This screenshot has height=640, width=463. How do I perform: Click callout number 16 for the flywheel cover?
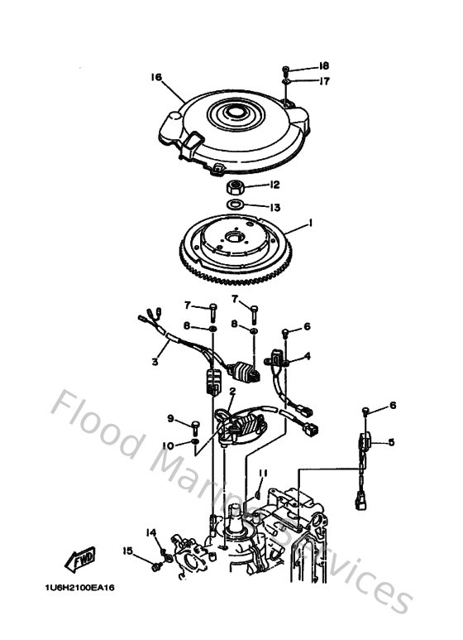click(x=155, y=78)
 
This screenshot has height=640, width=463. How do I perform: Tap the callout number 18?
click(x=324, y=65)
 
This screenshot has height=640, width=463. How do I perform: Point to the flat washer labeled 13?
click(x=235, y=205)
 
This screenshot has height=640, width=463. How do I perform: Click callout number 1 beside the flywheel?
click(x=310, y=223)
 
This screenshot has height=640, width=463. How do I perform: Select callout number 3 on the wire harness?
click(x=154, y=362)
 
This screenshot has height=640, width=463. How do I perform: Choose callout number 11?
click(x=262, y=473)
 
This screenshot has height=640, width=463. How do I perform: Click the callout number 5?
click(x=392, y=442)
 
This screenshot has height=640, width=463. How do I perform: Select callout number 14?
click(x=151, y=532)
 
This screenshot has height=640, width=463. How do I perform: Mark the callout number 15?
click(x=127, y=551)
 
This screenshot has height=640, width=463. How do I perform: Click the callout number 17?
click(x=324, y=81)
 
